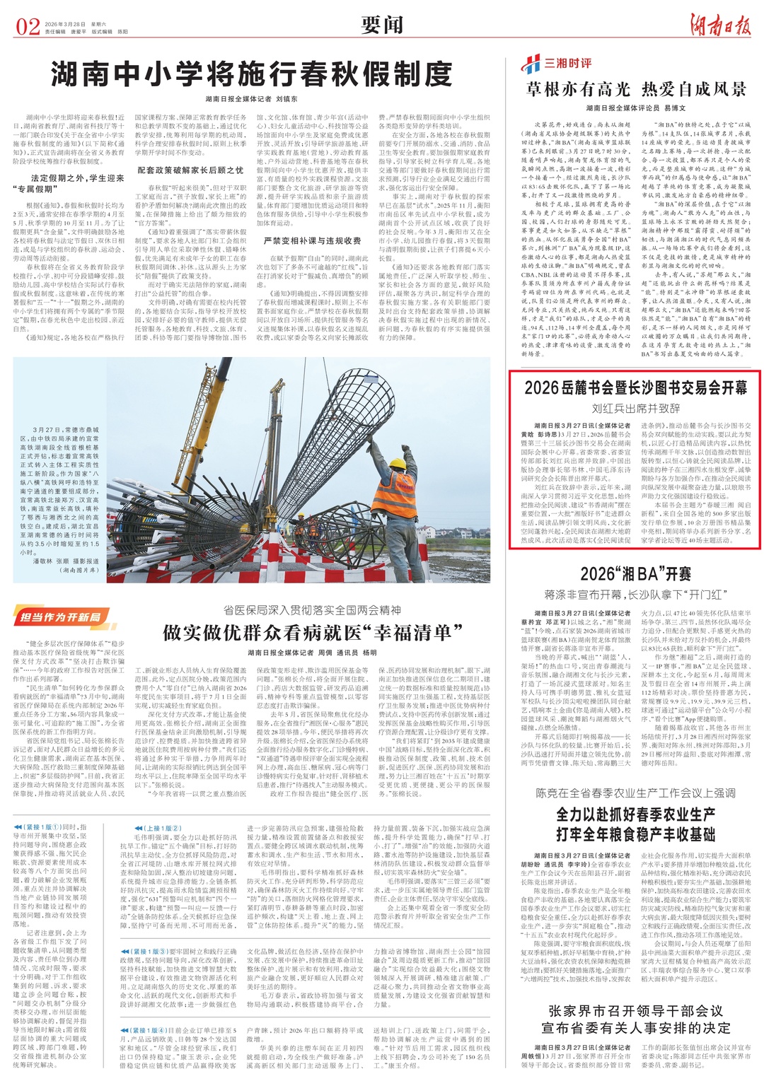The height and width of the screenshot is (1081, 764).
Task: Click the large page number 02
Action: [28, 27]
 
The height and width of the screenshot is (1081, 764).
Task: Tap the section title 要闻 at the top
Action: [382, 25]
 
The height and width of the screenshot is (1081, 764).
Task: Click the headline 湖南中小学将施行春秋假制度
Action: [251, 74]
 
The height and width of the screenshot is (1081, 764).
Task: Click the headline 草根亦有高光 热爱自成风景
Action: [636, 89]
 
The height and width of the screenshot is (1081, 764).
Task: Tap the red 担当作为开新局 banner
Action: [59, 617]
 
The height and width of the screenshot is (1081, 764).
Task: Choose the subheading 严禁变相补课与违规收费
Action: [312, 241]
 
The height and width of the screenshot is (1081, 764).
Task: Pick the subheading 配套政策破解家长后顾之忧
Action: [190, 170]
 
